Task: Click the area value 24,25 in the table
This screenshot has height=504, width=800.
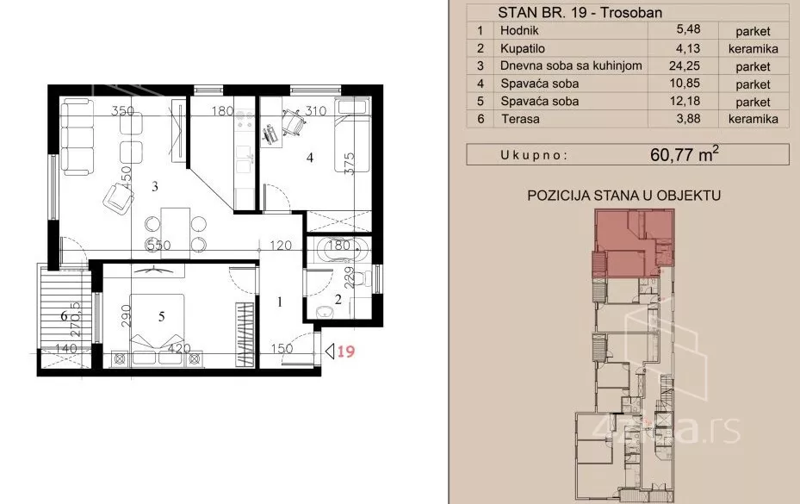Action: point(685,65)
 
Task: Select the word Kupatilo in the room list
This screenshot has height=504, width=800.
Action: point(523,48)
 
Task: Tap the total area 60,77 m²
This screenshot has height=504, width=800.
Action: point(685,154)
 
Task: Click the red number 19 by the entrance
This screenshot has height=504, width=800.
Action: point(346,352)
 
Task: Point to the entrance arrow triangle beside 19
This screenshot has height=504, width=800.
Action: point(330,352)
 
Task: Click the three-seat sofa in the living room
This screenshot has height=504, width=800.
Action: point(78,137)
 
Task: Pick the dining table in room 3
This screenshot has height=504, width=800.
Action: point(175,233)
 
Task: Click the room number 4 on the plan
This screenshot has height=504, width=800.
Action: point(310,158)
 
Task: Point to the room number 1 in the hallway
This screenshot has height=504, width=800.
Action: point(280,302)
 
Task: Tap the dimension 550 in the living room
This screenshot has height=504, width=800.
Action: point(158,246)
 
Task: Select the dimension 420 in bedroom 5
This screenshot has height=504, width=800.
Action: point(179,349)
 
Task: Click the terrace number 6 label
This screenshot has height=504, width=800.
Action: point(65,316)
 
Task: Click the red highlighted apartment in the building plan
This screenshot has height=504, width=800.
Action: point(633,244)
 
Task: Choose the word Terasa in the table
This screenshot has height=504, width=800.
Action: point(520,119)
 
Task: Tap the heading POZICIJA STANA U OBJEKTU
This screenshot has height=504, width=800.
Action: point(623,195)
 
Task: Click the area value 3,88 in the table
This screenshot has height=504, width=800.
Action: point(688,119)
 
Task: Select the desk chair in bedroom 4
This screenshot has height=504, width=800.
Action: point(293,121)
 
